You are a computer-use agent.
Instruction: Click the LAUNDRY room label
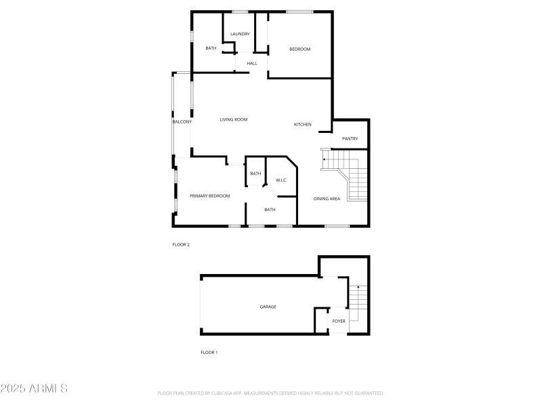[240, 34]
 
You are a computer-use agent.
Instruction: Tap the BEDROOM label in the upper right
[299, 49]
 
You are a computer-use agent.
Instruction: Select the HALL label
[252, 64]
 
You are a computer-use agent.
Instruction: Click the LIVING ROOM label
[234, 119]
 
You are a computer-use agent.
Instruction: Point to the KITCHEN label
[302, 124]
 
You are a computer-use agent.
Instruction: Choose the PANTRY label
[350, 139]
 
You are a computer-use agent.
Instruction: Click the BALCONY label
[182, 121]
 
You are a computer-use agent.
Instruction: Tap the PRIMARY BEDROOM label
[209, 196]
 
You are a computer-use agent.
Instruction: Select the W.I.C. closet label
[281, 180]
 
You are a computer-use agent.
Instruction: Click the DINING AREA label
[327, 199]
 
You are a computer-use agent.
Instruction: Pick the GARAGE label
[268, 307]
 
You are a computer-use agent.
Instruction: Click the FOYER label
[339, 321]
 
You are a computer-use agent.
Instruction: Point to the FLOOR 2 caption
[181, 244]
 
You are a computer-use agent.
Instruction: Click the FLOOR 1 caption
[209, 353]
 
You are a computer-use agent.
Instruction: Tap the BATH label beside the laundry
[211, 48]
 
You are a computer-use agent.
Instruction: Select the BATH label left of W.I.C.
[255, 174]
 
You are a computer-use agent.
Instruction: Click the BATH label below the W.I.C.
[270, 210]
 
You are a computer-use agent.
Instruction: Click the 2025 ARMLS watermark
[34, 389]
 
